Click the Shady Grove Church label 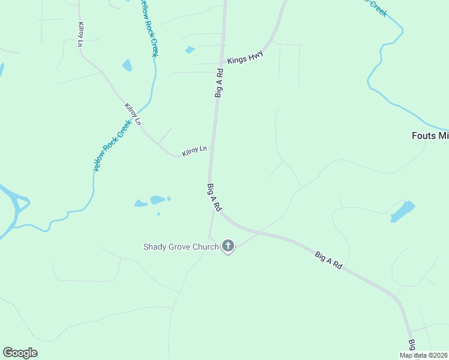point(180,247)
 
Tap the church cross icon point(228,246)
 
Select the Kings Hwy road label point(245,58)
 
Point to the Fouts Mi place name point(430,136)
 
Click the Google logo point(20,353)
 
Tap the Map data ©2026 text point(423,355)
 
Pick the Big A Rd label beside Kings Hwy point(220,83)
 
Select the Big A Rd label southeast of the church point(328,260)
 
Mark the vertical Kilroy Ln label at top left point(81,35)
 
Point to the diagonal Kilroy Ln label point(133,114)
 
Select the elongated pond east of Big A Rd point(402,211)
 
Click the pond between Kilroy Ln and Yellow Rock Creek point(127,65)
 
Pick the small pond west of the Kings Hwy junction point(190,50)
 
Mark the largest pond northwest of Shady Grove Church point(158,200)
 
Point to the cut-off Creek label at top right point(377,8)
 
